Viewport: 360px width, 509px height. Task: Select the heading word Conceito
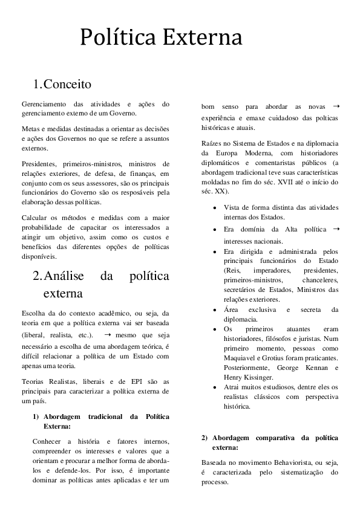tap(67, 83)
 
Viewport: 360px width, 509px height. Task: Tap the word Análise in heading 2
tap(67, 276)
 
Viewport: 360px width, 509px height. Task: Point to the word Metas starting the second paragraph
tap(30, 129)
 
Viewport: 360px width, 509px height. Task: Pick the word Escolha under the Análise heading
tap(34, 313)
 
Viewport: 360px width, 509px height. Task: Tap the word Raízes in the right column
tap(212, 143)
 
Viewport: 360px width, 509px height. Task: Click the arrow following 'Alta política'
tap(336, 230)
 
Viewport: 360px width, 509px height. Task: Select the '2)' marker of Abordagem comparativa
tap(205, 438)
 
